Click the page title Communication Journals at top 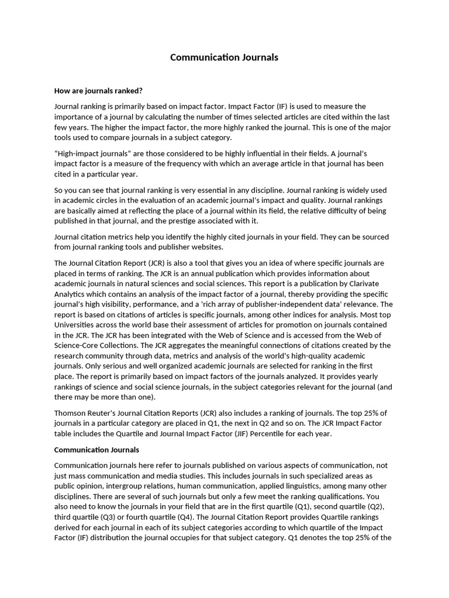[x=224, y=57]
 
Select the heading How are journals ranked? [x=98, y=91]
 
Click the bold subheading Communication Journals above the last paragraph [x=96, y=450]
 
